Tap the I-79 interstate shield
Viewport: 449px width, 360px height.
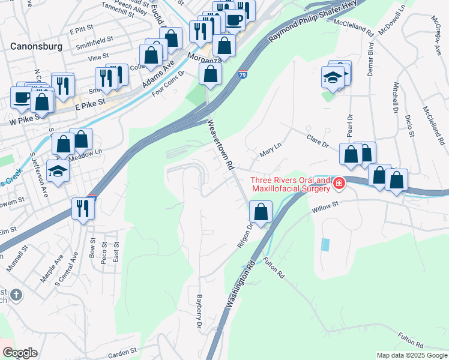tap(241, 74)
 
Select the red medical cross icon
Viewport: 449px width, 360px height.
tap(339, 183)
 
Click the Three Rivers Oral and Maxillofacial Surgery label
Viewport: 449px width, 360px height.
tap(291, 184)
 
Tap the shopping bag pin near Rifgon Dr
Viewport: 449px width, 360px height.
tap(261, 212)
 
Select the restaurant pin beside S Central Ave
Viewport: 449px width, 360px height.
tap(82, 209)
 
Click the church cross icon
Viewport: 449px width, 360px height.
tap(16, 295)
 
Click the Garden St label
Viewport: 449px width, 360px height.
tap(123, 349)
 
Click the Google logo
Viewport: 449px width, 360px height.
tap(20, 353)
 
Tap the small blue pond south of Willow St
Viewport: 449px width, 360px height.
tap(325, 245)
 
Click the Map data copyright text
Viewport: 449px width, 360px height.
tap(412, 355)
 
